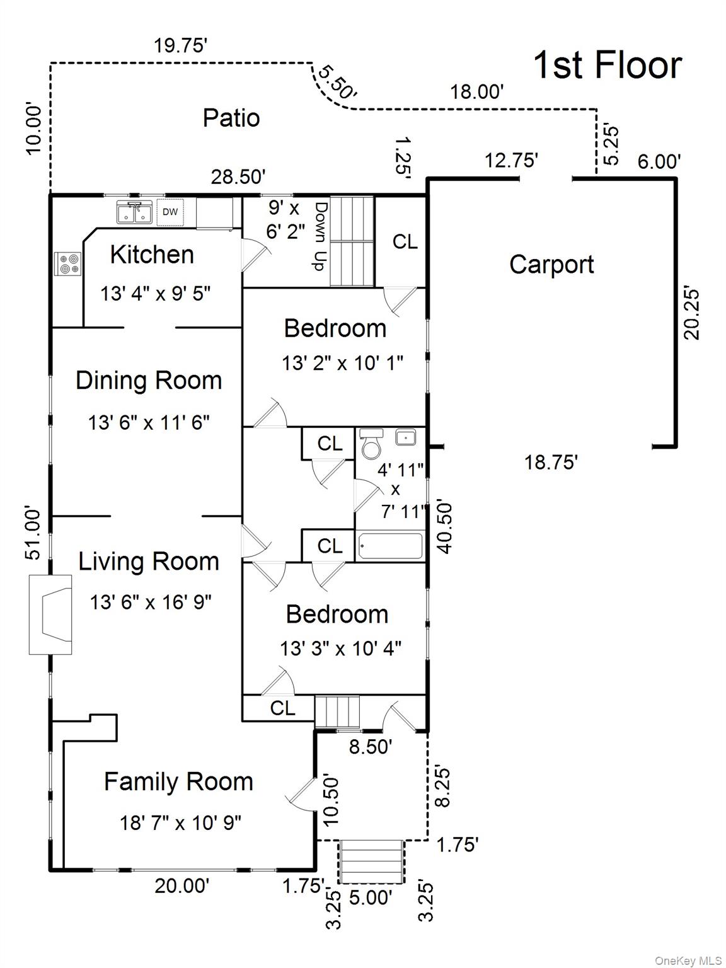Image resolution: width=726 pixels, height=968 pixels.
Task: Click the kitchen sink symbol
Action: (x=134, y=212)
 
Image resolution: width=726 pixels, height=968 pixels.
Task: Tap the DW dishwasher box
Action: (x=170, y=212)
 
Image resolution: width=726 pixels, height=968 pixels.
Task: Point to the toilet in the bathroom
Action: (x=371, y=444)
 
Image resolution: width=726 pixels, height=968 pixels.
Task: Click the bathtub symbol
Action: (x=390, y=546)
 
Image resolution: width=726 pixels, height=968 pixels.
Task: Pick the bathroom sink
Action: (x=405, y=437)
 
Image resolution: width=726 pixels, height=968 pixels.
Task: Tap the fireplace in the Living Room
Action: (x=50, y=614)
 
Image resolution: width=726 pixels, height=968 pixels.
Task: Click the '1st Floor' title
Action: (x=608, y=66)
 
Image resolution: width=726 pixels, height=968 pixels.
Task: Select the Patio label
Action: (x=231, y=118)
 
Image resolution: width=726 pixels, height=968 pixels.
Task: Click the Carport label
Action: (x=551, y=265)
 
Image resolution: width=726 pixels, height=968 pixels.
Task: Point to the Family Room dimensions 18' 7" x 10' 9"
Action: (x=181, y=822)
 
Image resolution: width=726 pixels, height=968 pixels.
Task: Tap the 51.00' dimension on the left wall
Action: (x=33, y=534)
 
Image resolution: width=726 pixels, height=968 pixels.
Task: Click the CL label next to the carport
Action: (x=405, y=241)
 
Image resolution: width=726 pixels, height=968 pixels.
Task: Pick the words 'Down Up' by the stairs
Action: (x=321, y=237)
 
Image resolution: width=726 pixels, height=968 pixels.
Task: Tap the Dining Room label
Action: (x=149, y=380)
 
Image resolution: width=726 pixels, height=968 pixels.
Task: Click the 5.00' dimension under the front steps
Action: (x=371, y=897)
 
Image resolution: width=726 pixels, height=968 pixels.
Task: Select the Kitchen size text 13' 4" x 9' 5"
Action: (x=155, y=293)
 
